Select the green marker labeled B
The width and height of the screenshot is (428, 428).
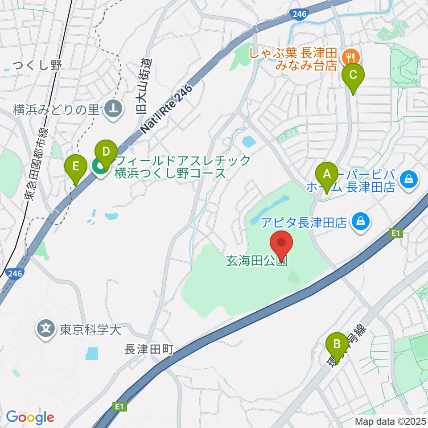coord(337,345)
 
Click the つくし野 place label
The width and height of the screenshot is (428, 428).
coord(37,66)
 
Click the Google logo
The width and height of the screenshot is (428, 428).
coord(30,417)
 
